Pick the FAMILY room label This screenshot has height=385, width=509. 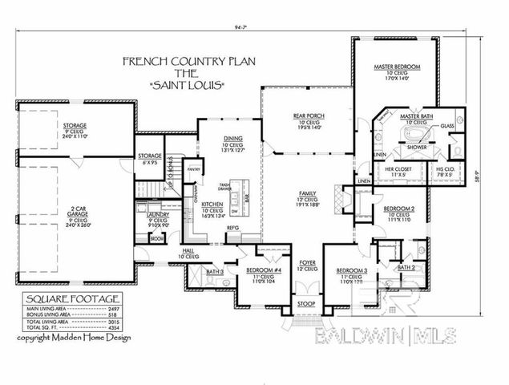pos(307,195)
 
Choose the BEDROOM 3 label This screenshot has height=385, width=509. pos(352,270)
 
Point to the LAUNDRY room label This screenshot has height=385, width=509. pos(158,217)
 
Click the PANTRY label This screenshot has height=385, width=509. pos(192,170)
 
